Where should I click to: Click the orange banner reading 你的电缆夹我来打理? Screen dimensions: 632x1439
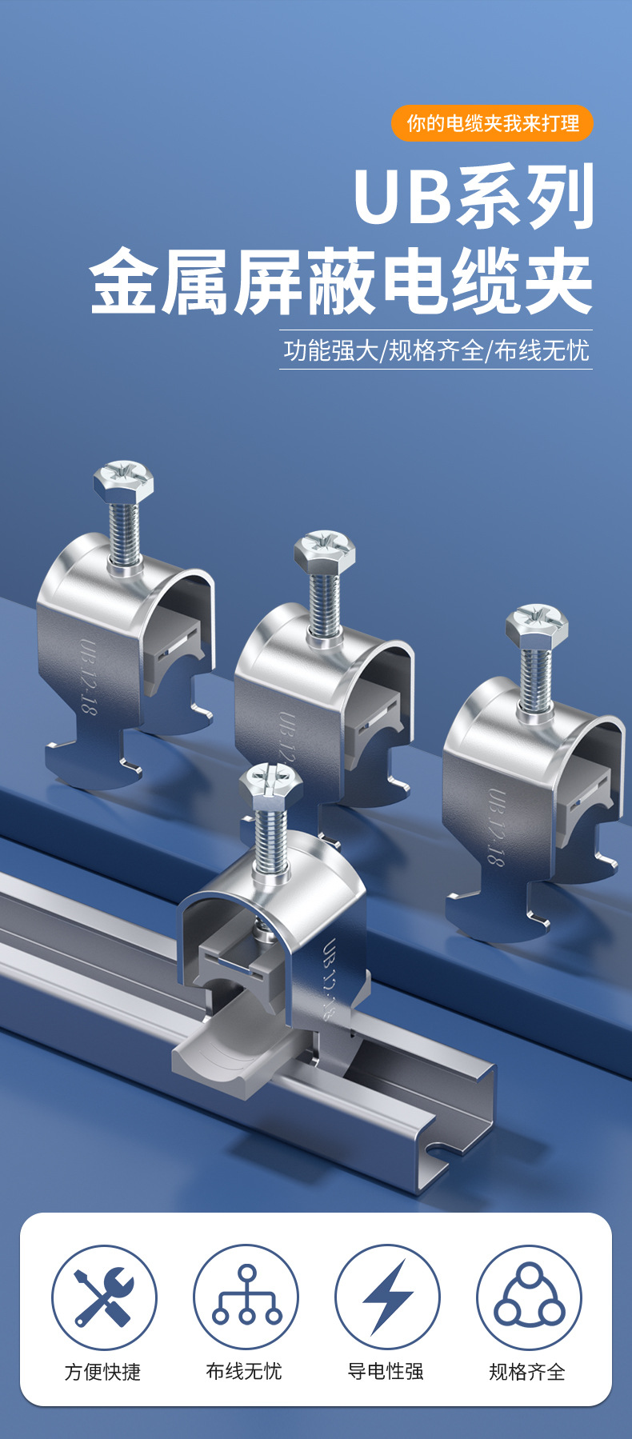click(x=492, y=123)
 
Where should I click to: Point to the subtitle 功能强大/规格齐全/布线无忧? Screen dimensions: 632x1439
click(x=436, y=350)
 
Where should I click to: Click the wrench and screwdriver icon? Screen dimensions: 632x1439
click(x=104, y=1297)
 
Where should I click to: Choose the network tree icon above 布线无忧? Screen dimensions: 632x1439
click(x=246, y=1297)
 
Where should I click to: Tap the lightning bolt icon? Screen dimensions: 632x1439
click(x=387, y=1297)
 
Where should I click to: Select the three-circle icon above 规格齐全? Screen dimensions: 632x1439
click(x=529, y=1297)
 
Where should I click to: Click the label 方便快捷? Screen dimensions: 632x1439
click(x=103, y=1372)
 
